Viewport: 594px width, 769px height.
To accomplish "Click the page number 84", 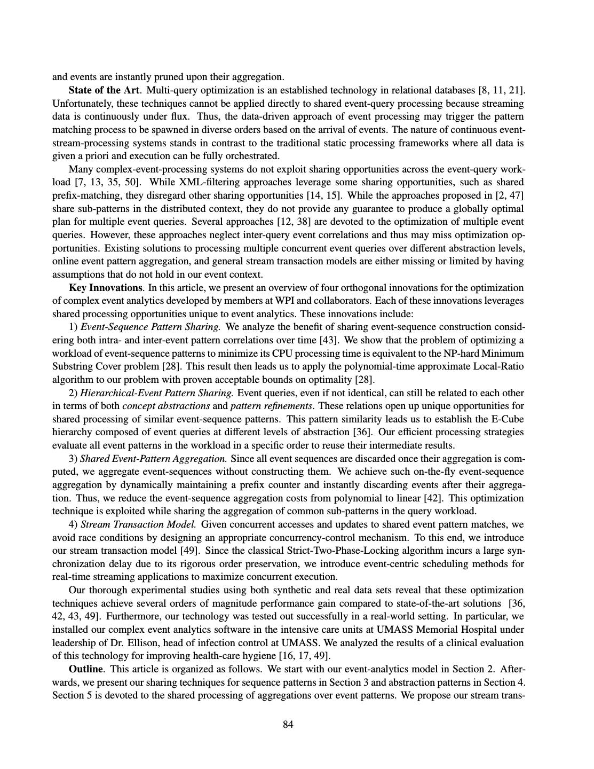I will pyautogui.click(x=288, y=725).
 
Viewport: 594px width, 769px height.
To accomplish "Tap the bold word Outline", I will pyautogui.click(x=85, y=669).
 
